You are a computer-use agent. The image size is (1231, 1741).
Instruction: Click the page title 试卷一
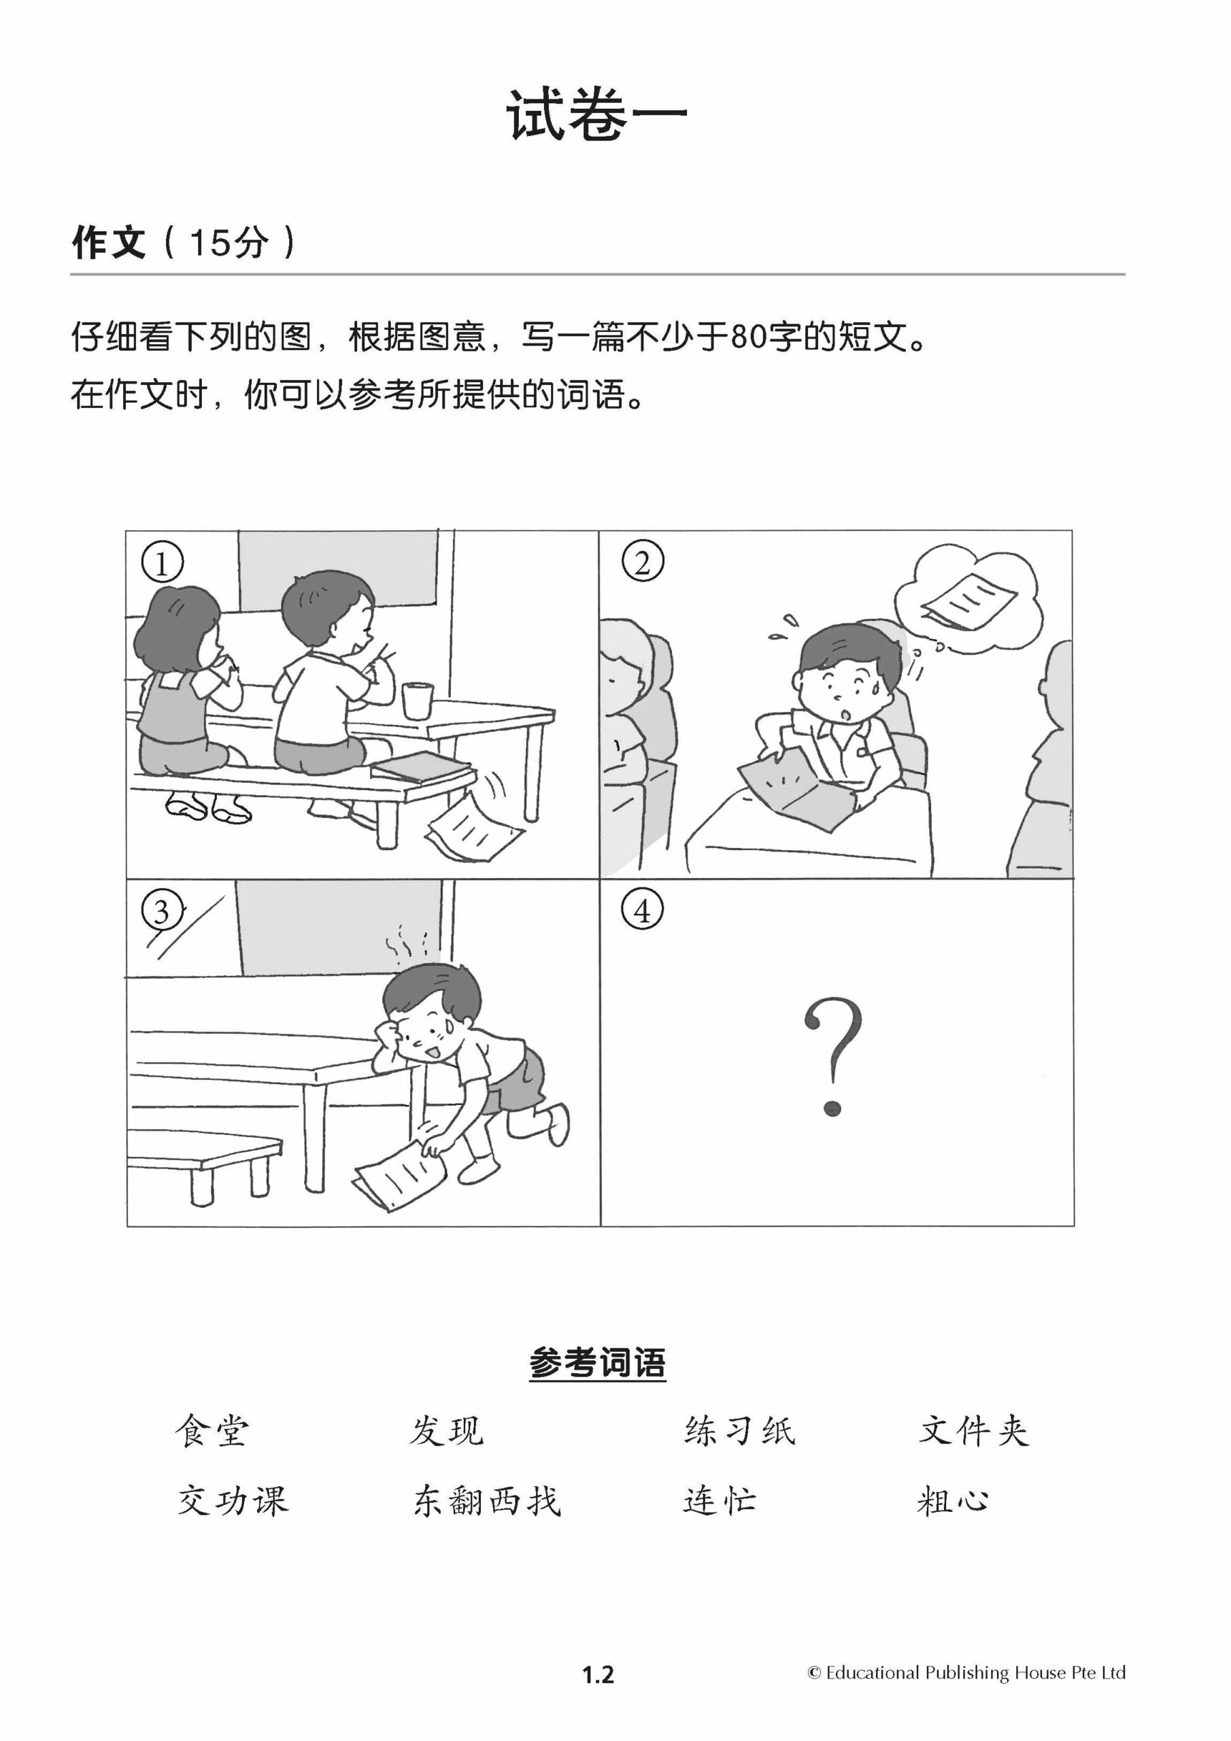(597, 114)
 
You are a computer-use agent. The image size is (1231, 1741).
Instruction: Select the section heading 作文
(107, 243)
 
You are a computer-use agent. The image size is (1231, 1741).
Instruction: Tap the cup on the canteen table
(416, 699)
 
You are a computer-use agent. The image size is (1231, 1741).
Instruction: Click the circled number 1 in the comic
(162, 562)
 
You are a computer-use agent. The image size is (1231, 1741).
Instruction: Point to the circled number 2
(643, 562)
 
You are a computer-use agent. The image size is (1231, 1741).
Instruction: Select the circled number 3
(162, 911)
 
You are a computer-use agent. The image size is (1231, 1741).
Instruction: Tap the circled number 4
(643, 911)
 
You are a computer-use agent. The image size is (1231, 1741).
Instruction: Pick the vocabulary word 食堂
(212, 1432)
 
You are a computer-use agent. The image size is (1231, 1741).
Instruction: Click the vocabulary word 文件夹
(974, 1432)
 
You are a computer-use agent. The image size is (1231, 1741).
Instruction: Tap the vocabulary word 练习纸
(739, 1432)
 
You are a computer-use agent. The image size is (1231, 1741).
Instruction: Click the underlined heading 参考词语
(598, 1363)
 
